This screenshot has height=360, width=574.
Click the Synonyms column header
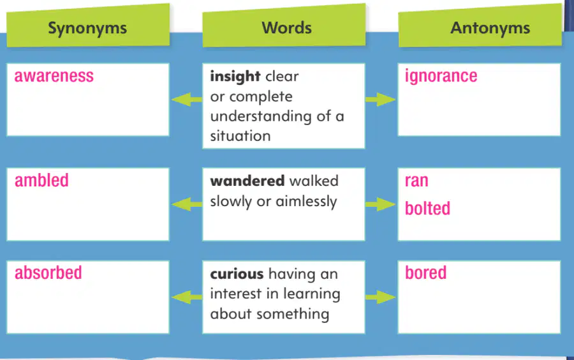(87, 28)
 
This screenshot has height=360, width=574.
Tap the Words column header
(286, 28)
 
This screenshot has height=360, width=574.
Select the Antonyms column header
(490, 28)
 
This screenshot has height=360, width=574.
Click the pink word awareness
(54, 76)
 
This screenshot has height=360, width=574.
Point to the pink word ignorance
(441, 77)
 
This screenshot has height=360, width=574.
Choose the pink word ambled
(41, 180)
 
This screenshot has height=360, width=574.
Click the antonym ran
(416, 181)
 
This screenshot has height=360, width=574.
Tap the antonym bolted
(427, 208)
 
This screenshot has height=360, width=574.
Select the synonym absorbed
(48, 273)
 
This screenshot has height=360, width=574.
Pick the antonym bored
(425, 273)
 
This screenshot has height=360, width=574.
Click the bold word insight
(235, 77)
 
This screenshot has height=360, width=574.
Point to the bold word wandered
(247, 181)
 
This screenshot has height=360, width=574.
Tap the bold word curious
(237, 274)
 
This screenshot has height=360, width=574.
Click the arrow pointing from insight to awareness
(187, 99)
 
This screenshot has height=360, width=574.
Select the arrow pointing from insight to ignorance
(380, 99)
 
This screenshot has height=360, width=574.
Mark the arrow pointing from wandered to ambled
(187, 204)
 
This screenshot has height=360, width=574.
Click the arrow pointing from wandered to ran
(380, 204)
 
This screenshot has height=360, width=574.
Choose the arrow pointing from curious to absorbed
(187, 297)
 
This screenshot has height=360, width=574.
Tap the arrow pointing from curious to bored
(380, 297)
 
